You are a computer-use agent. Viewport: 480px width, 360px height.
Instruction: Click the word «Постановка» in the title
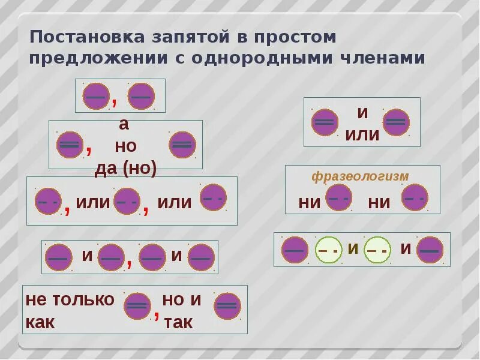point(80,37)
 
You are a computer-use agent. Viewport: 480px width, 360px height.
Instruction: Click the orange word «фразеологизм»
point(360,176)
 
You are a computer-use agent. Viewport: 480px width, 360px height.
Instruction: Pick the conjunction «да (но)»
point(125,169)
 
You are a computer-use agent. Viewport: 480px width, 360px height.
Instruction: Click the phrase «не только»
point(70,300)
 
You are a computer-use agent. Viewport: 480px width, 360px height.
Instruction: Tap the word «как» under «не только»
point(40,322)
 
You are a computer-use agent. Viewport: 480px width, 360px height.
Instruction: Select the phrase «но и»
point(182,300)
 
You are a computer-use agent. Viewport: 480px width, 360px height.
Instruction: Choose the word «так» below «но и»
point(178,322)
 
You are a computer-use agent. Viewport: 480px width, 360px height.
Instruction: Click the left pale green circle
point(328,250)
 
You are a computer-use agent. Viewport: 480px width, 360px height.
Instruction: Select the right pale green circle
point(377,250)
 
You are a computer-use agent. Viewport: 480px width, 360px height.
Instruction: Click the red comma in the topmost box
point(114,101)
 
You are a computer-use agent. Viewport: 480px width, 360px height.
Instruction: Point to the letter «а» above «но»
point(124,125)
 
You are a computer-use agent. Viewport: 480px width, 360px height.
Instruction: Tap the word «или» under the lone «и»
point(362,134)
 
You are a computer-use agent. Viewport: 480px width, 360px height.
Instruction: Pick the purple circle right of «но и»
point(227,306)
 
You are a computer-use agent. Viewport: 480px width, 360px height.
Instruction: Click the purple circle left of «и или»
point(325,122)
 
